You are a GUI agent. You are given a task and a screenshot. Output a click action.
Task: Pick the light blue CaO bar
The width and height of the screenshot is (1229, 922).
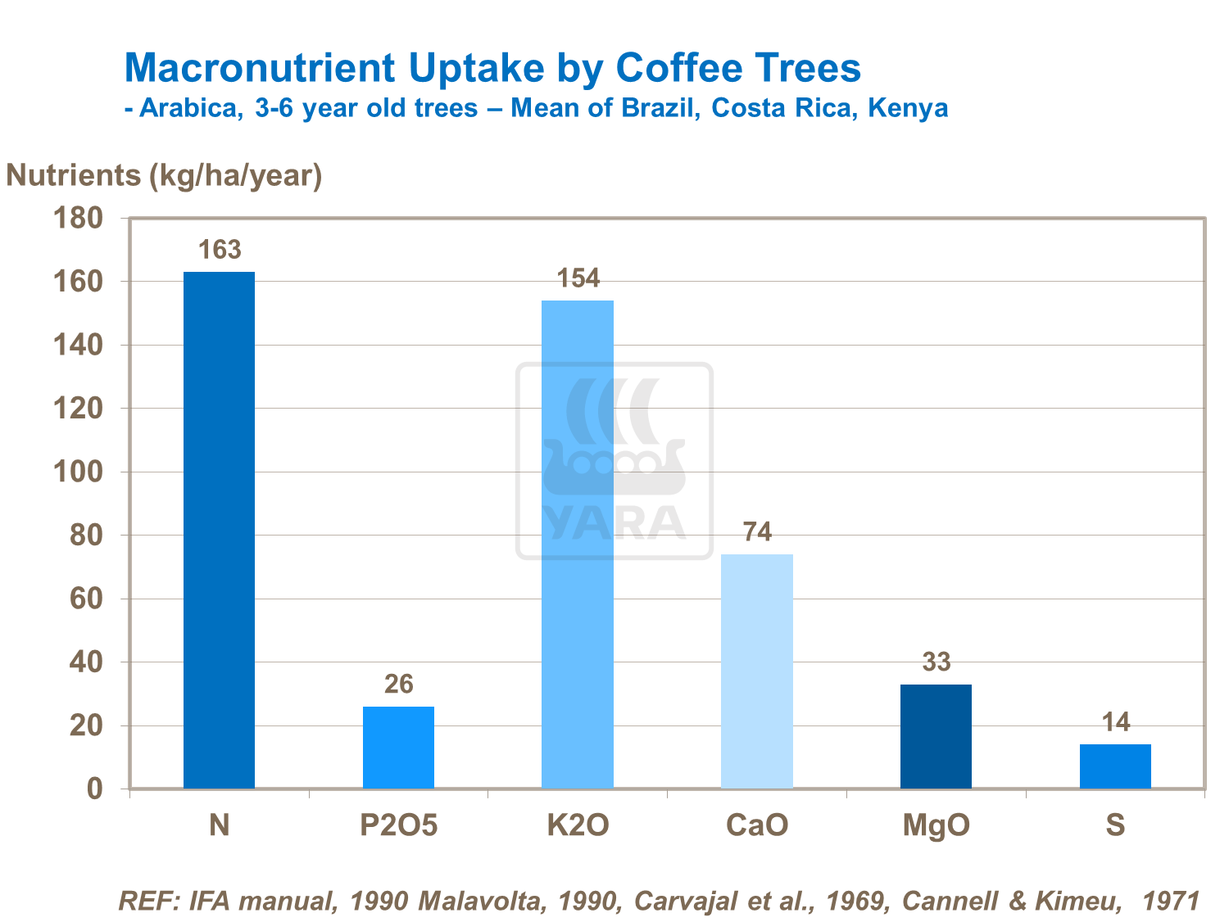click(757, 671)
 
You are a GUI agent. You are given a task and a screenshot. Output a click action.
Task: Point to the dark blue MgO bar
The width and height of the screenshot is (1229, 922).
click(936, 736)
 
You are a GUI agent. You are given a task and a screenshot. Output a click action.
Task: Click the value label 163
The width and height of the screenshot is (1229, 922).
click(220, 250)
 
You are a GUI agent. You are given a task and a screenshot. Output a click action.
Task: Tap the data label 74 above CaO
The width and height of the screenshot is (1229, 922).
click(757, 532)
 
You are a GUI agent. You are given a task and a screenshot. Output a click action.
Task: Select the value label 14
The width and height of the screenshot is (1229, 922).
click(1115, 722)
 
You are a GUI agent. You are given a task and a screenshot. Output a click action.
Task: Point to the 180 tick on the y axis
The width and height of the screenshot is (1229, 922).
click(78, 218)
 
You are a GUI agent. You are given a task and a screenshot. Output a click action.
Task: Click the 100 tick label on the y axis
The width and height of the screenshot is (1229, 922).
click(78, 472)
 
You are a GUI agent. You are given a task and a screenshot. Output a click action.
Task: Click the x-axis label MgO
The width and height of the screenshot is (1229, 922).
click(936, 825)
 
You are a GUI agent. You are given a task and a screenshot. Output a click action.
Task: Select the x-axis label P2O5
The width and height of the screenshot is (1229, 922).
click(399, 825)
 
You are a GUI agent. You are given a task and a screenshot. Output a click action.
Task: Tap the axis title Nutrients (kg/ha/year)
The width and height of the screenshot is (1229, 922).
click(164, 175)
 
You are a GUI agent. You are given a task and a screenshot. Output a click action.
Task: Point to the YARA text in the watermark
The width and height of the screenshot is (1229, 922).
click(614, 524)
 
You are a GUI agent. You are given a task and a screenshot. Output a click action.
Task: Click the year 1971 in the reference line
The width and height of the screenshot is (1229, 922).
click(1171, 901)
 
